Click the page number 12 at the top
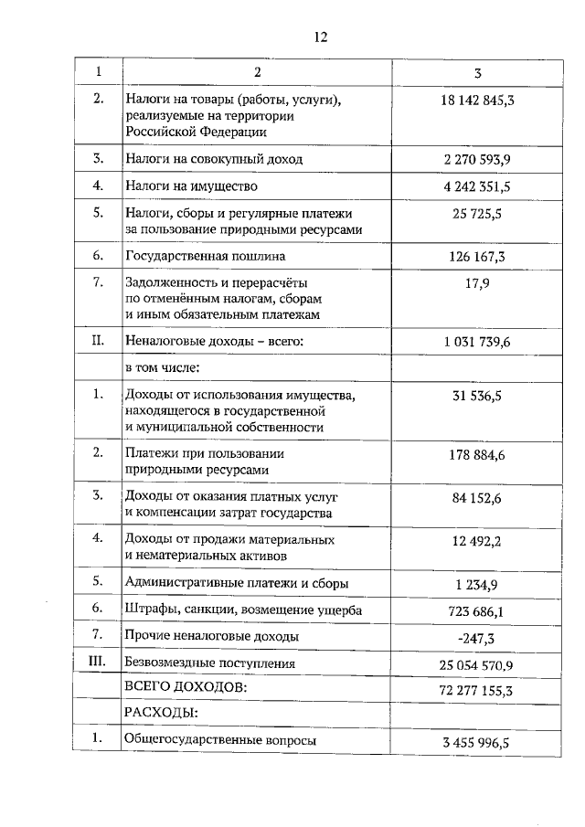(x=320, y=37)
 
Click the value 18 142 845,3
(x=476, y=99)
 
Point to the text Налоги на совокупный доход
(x=213, y=158)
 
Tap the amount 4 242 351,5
(x=476, y=186)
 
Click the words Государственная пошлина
(x=206, y=256)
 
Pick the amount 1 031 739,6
(x=476, y=341)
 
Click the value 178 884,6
(x=476, y=454)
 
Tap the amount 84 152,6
(x=476, y=497)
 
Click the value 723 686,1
(x=476, y=610)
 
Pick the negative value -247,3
(x=476, y=637)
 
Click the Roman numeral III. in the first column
(x=98, y=663)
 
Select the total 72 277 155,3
(x=476, y=690)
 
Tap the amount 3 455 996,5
(x=476, y=743)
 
